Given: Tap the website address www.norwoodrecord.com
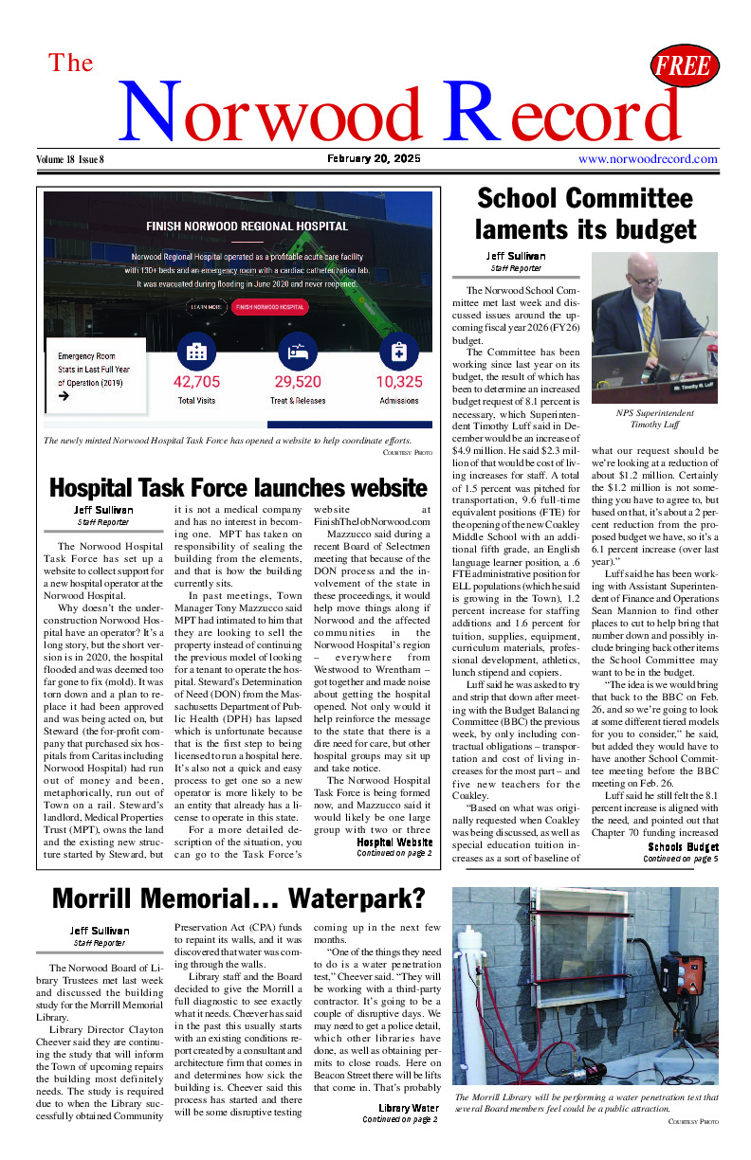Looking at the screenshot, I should (646, 159).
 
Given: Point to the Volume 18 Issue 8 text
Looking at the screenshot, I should (71, 159).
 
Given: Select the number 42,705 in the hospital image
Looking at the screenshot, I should (196, 382).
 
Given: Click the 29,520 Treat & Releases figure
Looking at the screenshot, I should (298, 382).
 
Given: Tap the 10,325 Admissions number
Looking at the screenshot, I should (398, 382).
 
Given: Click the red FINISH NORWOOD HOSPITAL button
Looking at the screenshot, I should (270, 307).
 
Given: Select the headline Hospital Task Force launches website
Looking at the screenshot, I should (238, 488).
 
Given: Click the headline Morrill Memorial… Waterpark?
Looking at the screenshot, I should (238, 897).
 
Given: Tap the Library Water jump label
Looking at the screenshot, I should (408, 1108).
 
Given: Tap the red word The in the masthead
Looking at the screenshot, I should (71, 63).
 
